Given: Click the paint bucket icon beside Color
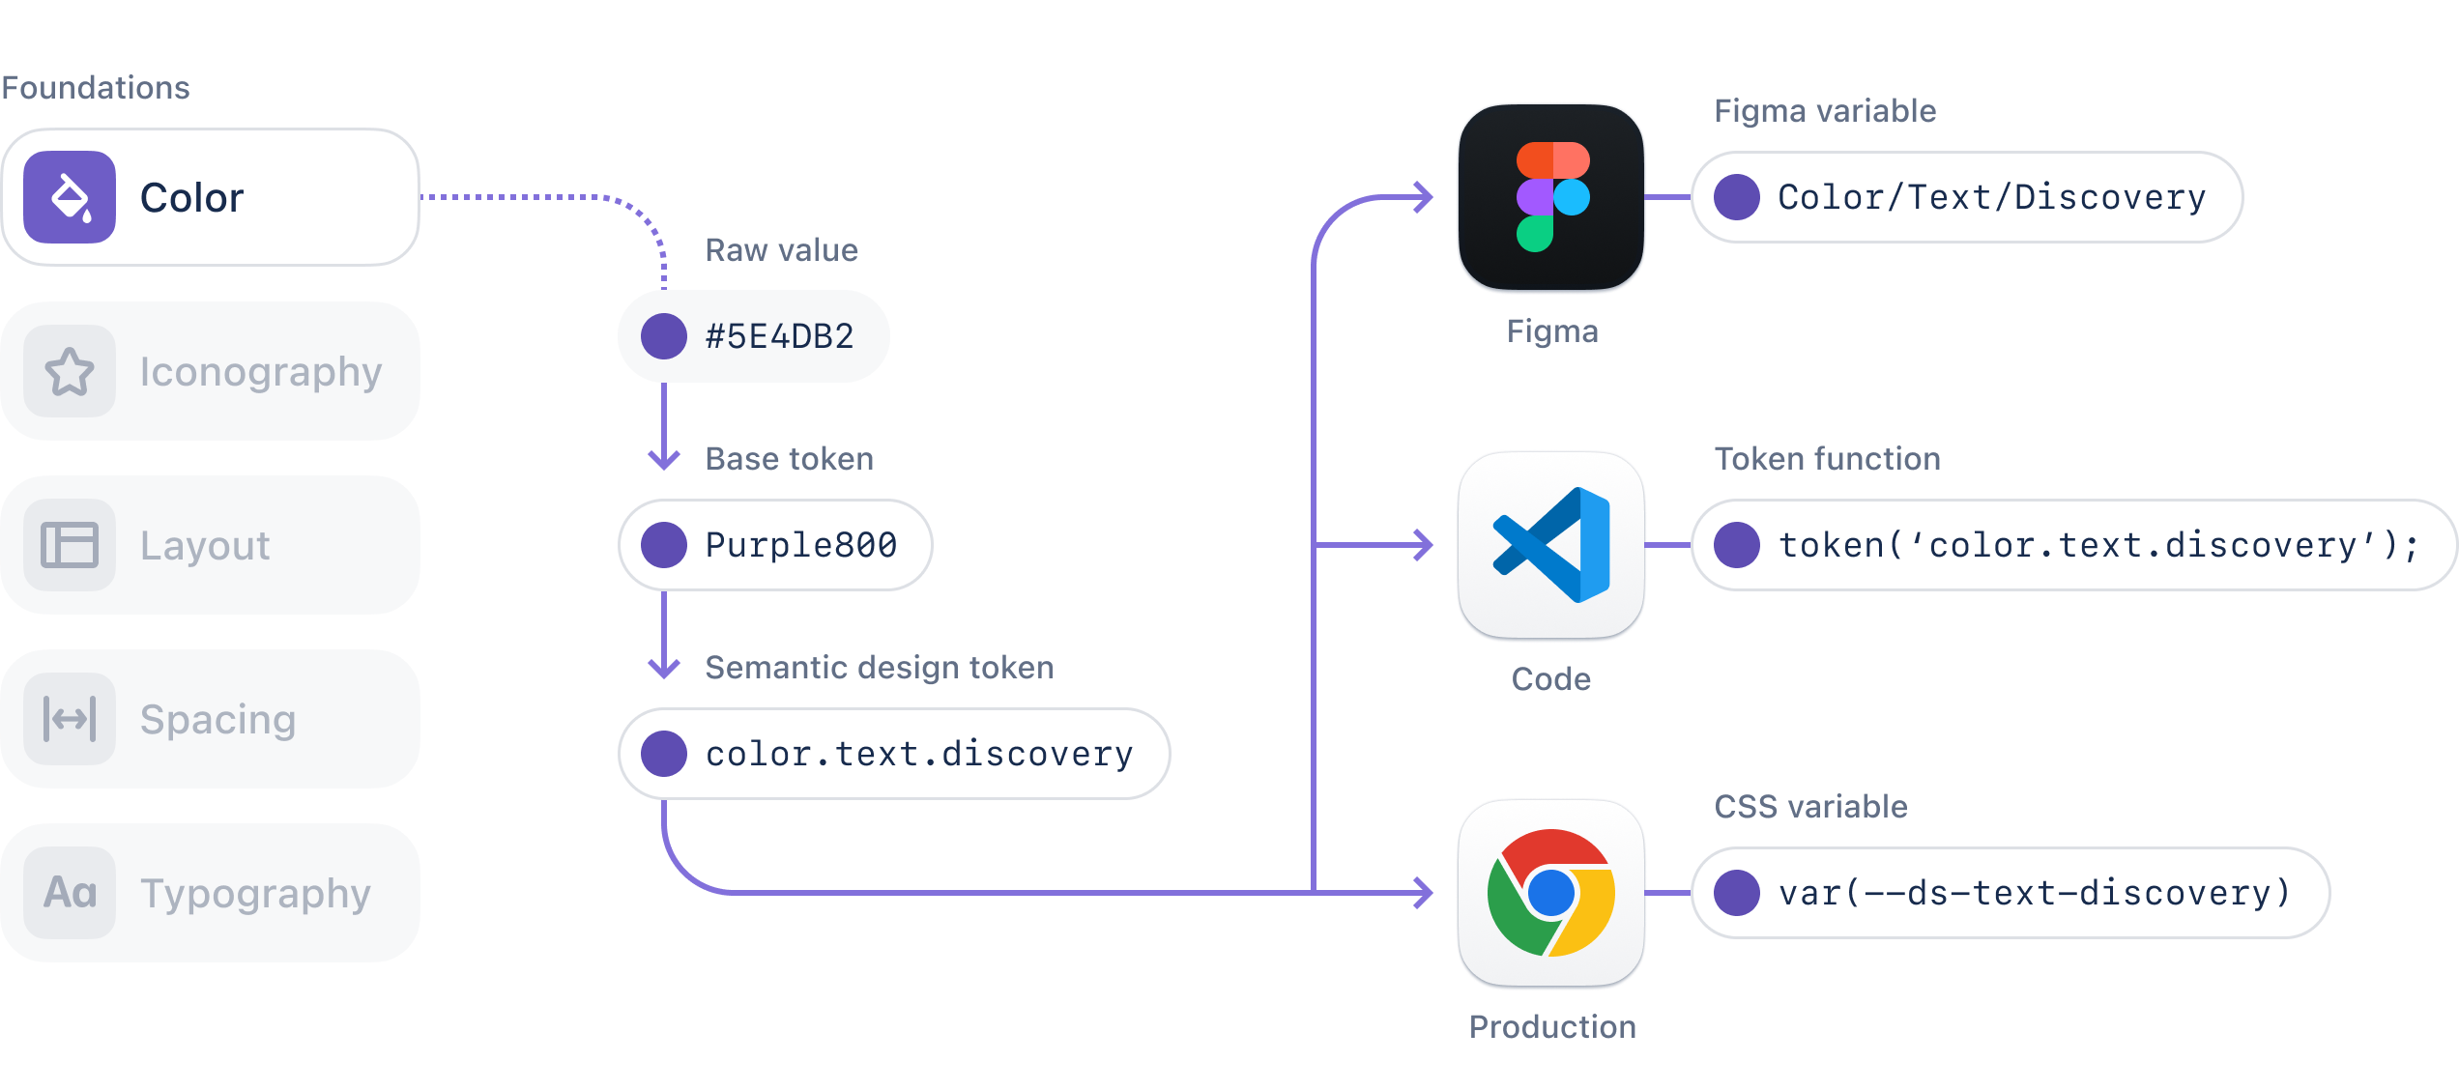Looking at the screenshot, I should coord(70,197).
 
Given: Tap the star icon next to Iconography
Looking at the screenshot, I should coord(70,372).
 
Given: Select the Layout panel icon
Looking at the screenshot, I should coord(70,545).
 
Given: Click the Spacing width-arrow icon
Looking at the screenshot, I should coord(70,719).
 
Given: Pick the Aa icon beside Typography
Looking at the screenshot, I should coord(70,893).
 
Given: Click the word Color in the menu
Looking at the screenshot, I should coord(191,198).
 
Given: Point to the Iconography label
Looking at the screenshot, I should coord(261,373).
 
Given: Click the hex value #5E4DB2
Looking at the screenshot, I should coord(780,336).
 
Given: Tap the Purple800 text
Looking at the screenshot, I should coord(801,545).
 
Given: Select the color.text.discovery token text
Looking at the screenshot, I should coord(919,754).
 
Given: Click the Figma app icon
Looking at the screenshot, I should coord(1551,198).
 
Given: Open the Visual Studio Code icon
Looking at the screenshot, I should coord(1551,545).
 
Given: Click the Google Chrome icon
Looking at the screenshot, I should coord(1551,893).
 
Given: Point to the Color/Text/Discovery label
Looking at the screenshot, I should coord(1992,197).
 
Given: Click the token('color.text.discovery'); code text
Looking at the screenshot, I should coord(2098,545).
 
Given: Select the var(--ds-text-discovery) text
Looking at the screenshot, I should coord(2035,893).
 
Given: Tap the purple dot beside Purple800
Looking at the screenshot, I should coord(664,545).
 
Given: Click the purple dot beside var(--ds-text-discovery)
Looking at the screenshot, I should coord(1737,893).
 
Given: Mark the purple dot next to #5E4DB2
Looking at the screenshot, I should coord(664,336).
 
